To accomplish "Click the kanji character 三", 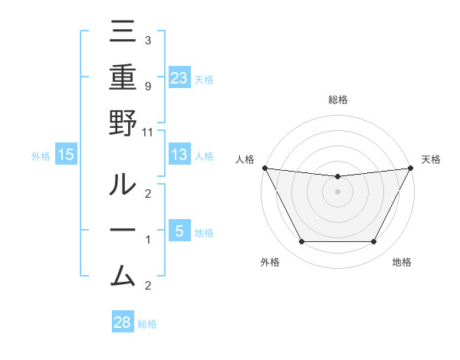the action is (x=123, y=33).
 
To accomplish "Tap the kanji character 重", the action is (x=123, y=78).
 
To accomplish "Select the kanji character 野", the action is (x=123, y=123).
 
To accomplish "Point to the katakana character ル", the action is (x=123, y=185).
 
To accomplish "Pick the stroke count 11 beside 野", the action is (x=148, y=132).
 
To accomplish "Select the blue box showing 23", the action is (x=179, y=77).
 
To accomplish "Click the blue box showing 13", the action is (x=179, y=155).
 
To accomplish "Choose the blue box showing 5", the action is (x=179, y=231).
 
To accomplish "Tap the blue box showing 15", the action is (x=66, y=155).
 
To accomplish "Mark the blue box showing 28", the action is (x=122, y=322).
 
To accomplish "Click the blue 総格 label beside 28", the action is (x=147, y=324).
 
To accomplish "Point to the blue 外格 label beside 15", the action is (x=41, y=156).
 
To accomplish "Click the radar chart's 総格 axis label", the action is (x=337, y=100).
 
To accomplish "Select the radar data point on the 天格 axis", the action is (x=410, y=168).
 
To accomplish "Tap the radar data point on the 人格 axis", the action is (x=264, y=168).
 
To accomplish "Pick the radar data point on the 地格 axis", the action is (x=374, y=242).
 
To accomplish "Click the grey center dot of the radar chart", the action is (x=337, y=191).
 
